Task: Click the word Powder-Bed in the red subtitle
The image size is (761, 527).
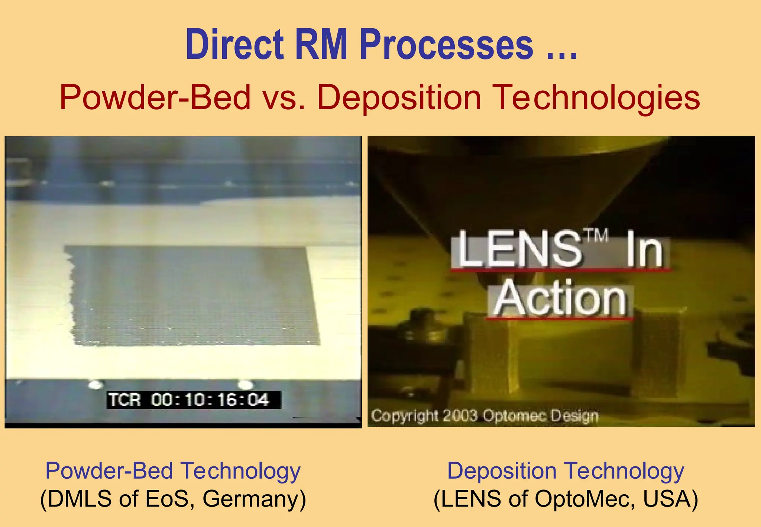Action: coord(155,97)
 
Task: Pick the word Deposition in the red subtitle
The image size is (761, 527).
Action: coord(399,97)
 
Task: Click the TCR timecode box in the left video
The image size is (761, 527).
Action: coord(193,400)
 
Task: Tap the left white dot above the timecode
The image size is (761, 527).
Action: coord(95,384)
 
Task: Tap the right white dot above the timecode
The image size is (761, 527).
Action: coord(245,384)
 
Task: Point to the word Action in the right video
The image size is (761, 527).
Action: coord(561,298)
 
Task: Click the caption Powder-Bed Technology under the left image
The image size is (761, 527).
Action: coord(173,471)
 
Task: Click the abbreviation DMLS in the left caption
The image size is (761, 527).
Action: coord(80,498)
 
